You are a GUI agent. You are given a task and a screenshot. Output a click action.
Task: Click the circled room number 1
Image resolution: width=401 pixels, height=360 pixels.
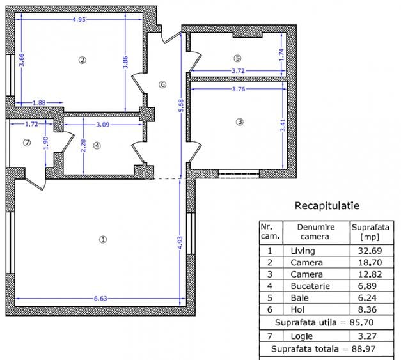[103, 239]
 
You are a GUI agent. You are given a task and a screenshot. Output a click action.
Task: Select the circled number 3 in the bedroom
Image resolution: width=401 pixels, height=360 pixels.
[240, 121]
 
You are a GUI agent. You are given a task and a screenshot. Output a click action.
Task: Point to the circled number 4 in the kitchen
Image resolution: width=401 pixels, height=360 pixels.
[97, 145]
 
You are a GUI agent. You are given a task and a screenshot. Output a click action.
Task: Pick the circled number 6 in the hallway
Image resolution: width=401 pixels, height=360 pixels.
[162, 84]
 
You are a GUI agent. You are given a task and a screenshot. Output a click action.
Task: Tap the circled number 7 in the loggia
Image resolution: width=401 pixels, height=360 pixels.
[26, 143]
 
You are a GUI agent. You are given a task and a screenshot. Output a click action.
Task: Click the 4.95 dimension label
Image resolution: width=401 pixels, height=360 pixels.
[79, 20]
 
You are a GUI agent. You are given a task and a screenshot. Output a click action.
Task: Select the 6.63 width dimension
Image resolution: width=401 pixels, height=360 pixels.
[100, 297]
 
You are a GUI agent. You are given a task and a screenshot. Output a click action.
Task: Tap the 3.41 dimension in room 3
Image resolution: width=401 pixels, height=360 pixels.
[283, 125]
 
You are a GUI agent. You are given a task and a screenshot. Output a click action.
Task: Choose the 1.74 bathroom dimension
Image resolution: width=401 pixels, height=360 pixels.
[282, 56]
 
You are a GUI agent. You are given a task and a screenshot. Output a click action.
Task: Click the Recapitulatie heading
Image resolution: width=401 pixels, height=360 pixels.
[326, 206]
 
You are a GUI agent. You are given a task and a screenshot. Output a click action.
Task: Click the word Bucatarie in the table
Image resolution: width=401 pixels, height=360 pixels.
[310, 286]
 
